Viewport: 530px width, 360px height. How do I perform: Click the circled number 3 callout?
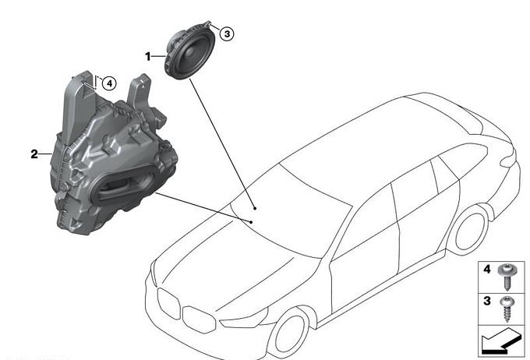pos(227,34)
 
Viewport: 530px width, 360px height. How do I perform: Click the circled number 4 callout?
pos(109,83)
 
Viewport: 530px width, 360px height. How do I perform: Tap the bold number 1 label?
pos(148,56)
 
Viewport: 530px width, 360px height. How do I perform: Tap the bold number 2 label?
pos(34,154)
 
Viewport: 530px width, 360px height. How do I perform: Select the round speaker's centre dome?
pos(190,51)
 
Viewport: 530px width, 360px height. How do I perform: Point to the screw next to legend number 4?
pos(506,276)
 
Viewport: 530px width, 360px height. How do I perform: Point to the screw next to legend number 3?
pos(507,309)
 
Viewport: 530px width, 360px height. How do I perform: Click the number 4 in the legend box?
pos(486,269)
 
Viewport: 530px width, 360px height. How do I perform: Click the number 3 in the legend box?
pos(486,301)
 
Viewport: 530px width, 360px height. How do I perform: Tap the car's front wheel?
pos(291,334)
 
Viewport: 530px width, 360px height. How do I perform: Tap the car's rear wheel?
pos(470,230)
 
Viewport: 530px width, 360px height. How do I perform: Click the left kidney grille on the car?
pos(169,304)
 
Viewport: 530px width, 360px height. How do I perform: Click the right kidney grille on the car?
pos(199,319)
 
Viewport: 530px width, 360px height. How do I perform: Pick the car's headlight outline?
pos(244,319)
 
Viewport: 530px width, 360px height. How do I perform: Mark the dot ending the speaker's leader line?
pos(255,208)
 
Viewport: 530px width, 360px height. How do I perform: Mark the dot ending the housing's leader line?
pos(251,222)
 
